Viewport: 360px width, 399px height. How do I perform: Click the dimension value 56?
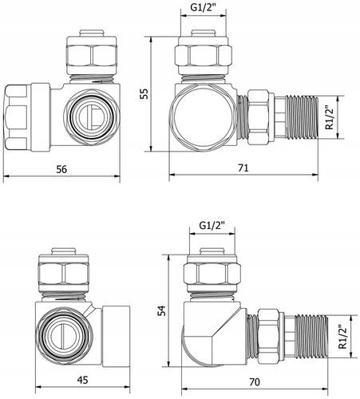[x=61, y=169]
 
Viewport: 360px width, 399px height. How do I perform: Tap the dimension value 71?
[x=243, y=168]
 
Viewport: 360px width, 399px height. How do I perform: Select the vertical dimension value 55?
[x=144, y=93]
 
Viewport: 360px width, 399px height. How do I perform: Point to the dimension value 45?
[x=82, y=380]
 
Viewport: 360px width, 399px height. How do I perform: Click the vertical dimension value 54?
[x=161, y=310]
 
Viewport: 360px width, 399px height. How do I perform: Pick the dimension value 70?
[x=255, y=382]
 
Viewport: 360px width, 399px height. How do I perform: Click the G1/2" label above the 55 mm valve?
[x=203, y=7]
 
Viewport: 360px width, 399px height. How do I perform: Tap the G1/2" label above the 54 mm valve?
[x=212, y=226]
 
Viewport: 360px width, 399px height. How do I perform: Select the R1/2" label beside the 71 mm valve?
[x=330, y=117]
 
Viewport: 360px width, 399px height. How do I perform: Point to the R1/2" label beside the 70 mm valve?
[x=342, y=337]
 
